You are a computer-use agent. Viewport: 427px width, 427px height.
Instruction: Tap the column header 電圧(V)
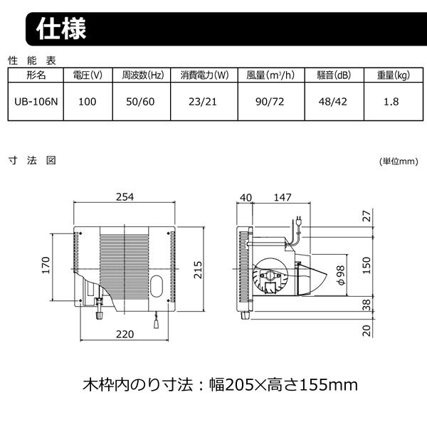tap(88, 75)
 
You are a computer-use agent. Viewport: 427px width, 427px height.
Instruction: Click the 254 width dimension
tap(125, 197)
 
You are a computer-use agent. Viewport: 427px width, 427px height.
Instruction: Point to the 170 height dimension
tap(46, 265)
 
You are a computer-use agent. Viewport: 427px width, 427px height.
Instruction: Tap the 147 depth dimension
tap(283, 197)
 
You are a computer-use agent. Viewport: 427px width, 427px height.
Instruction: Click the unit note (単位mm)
tap(399, 162)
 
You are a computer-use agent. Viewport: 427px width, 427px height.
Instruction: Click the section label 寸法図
tap(31, 160)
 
